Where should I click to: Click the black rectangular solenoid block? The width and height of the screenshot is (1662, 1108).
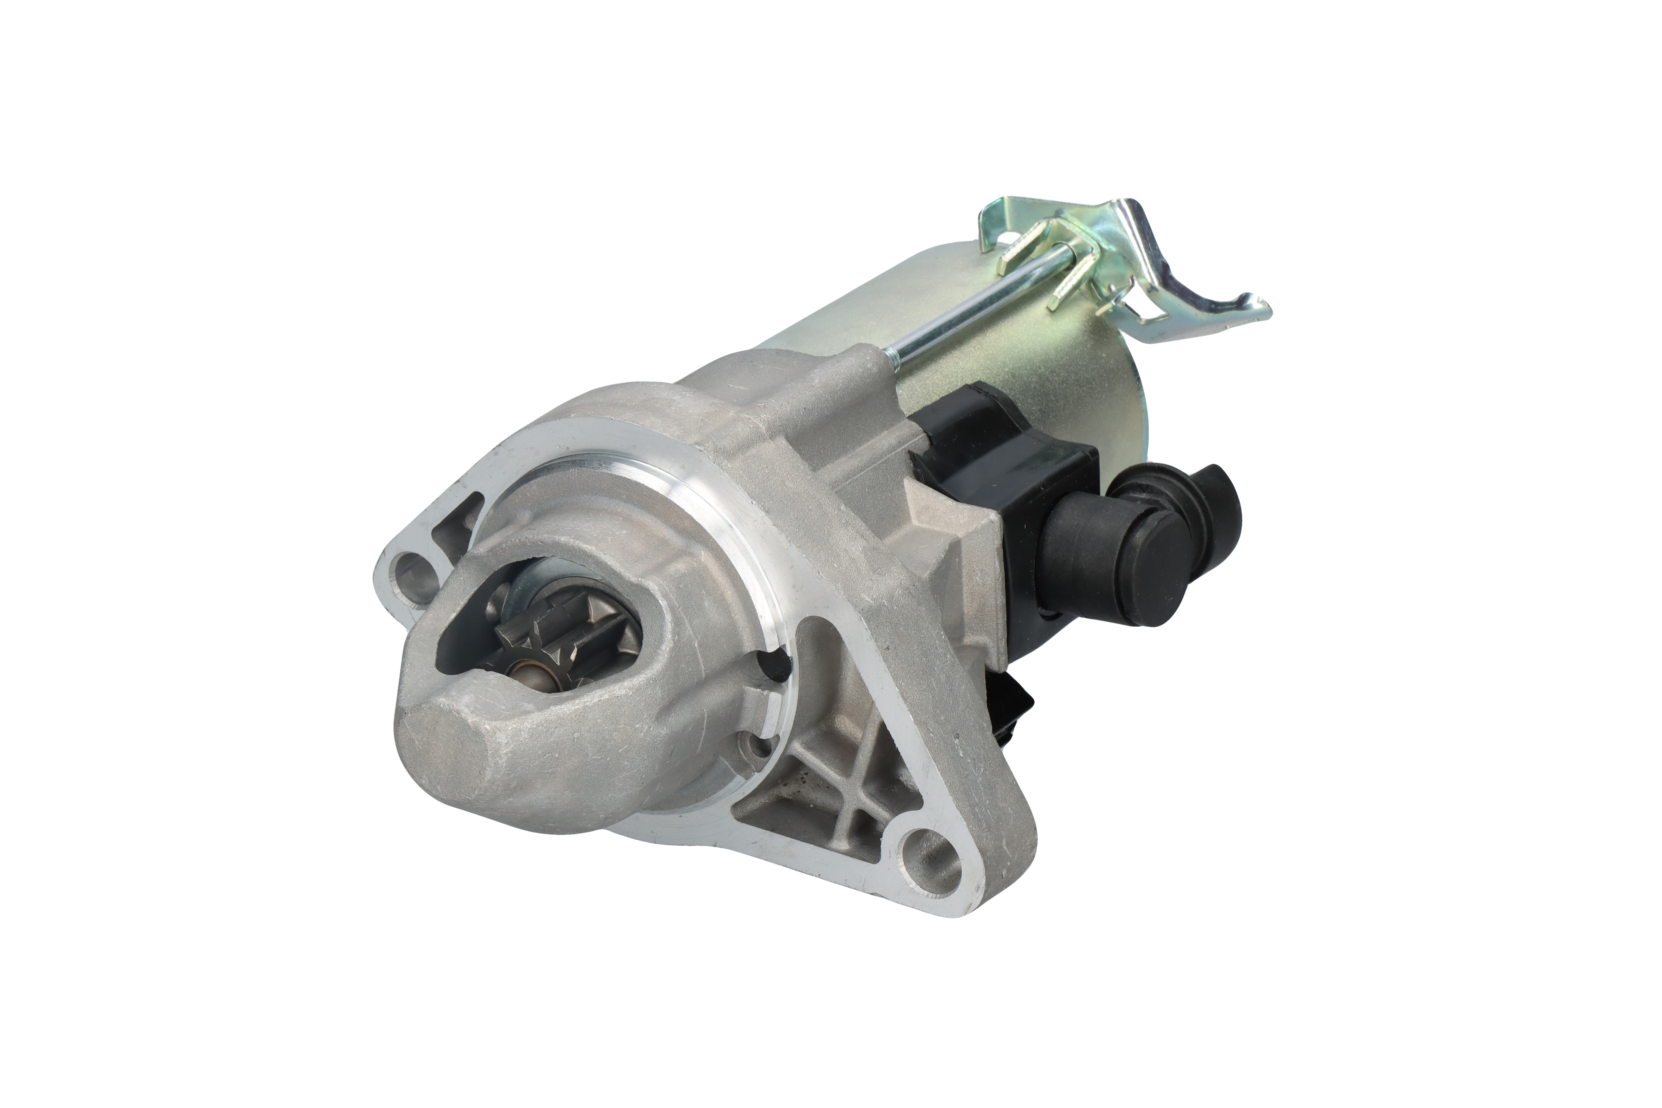pos(1003,509)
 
